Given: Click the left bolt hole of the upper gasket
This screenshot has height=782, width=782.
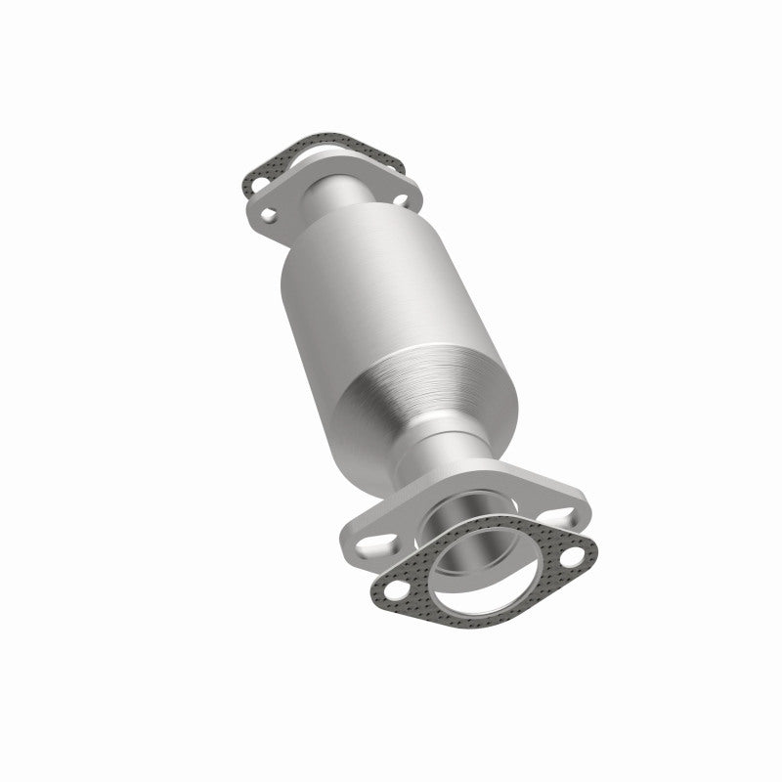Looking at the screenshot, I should [x=257, y=182].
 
